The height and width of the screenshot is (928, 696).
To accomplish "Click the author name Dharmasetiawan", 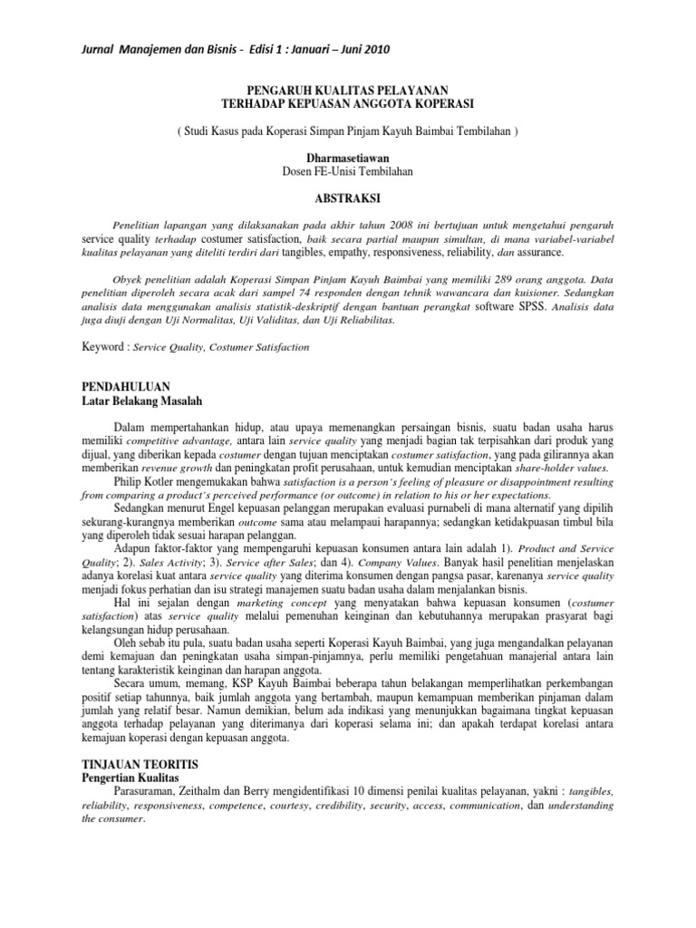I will coord(347,157).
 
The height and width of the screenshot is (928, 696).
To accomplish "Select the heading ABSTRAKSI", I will coord(347,196).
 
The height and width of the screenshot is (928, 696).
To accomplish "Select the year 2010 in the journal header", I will coord(378,48).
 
